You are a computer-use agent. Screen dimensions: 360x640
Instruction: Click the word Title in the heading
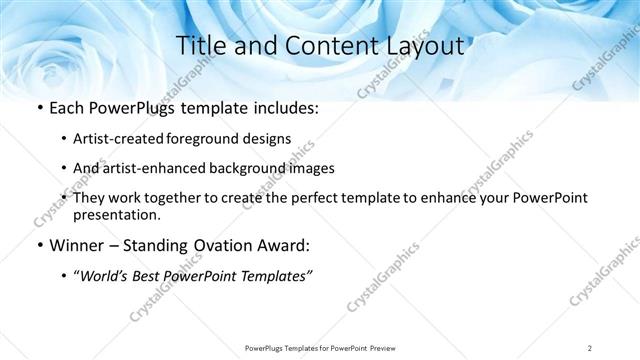pos(200,45)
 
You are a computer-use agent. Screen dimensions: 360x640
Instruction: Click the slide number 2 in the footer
pos(590,347)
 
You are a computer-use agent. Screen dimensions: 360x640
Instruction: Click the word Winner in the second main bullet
pos(77,245)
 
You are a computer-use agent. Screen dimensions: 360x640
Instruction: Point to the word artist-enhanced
pos(153,168)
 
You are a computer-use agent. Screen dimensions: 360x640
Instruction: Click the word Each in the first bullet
pos(67,108)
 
